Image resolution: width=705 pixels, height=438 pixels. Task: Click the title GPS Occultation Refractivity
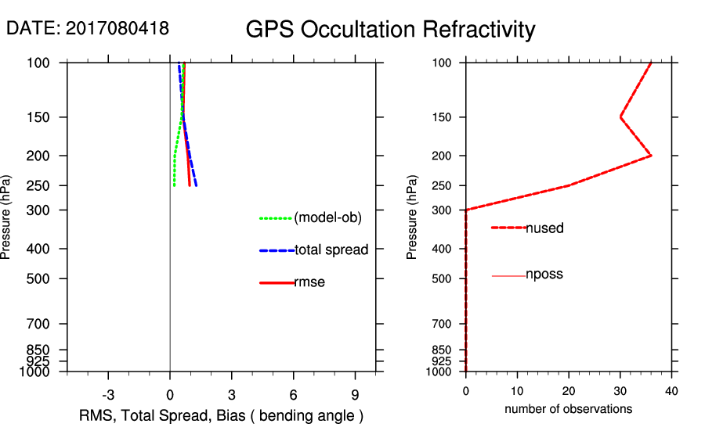point(390,30)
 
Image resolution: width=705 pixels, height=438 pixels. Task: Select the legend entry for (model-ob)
point(327,217)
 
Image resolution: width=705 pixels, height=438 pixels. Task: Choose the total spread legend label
point(331,250)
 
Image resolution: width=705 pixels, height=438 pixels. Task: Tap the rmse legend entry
point(309,282)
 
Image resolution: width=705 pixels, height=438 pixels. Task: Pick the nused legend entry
point(544,228)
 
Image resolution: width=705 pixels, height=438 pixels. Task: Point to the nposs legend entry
point(544,275)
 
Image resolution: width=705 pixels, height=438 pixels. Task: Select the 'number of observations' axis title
point(568,409)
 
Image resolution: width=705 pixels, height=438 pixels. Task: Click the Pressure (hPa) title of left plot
point(7,217)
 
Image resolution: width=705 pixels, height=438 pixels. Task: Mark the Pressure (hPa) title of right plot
point(413,217)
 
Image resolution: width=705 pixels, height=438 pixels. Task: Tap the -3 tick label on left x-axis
point(108,393)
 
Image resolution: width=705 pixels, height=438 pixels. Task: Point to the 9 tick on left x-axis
point(355,393)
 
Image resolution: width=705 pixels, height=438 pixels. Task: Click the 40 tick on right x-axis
point(671,390)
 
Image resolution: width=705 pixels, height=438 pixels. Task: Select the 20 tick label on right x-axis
point(569,390)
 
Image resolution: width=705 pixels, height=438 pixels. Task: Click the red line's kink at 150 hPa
point(620,117)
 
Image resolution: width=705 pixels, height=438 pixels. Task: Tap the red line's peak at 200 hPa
point(651,156)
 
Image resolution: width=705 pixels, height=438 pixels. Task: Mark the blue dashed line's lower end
point(196,185)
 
